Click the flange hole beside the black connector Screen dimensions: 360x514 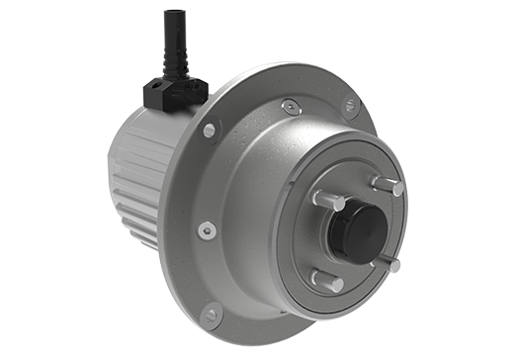pos(210,130)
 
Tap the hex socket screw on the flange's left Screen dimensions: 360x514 pos(205,229)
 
